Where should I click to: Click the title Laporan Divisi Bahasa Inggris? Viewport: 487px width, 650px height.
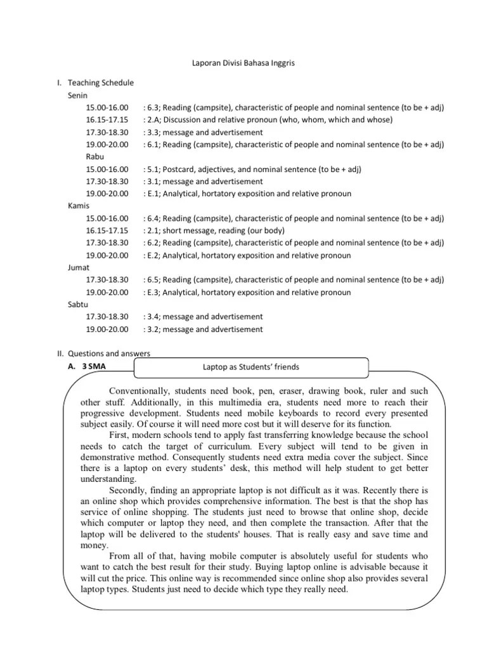pos(243,64)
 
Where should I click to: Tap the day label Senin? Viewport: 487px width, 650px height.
pos(78,95)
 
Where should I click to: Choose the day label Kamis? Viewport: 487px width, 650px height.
pos(79,206)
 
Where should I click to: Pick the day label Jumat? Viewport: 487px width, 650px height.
pos(79,267)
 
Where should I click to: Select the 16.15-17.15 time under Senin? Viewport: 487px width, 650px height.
pos(107,120)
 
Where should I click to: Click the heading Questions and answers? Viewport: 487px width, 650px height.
pos(109,354)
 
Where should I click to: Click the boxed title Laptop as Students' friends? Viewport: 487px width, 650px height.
pos(250,367)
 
